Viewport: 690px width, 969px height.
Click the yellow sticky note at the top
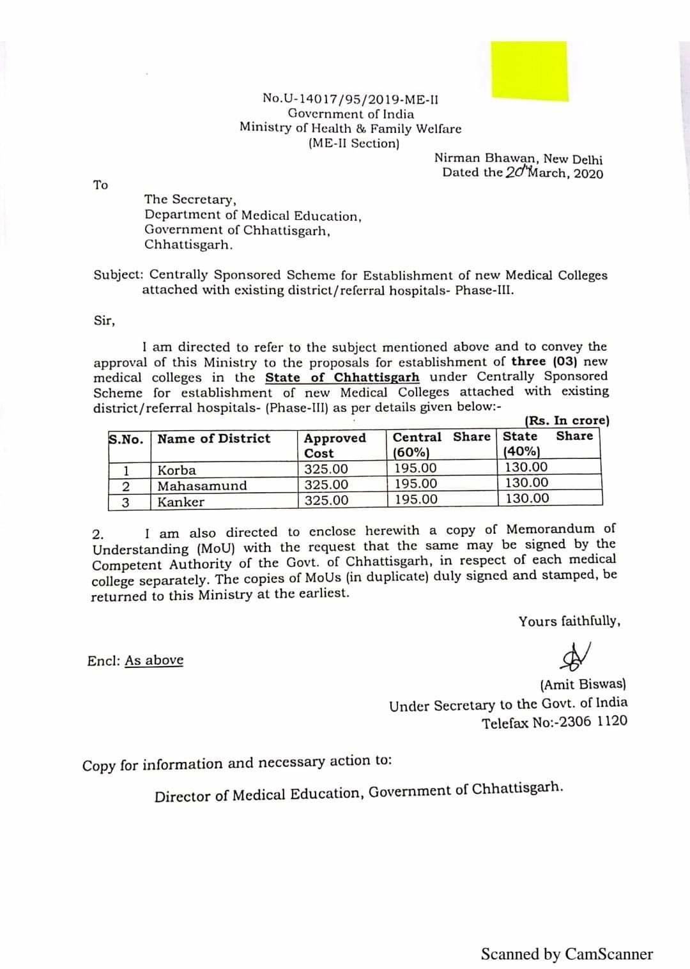tap(529, 70)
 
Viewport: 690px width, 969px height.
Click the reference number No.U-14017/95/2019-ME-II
tap(350, 99)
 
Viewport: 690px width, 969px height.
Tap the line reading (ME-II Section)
tap(353, 144)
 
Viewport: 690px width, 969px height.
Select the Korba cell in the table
tap(177, 470)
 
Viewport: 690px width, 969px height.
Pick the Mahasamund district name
tap(202, 486)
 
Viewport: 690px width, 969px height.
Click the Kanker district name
tap(181, 502)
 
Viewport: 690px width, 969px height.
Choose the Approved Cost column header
tap(335, 445)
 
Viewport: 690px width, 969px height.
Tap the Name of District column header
tap(214, 438)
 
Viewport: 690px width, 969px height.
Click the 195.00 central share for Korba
tap(415, 469)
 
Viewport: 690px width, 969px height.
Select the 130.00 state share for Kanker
tap(527, 498)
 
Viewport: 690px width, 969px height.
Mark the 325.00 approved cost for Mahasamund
tap(326, 485)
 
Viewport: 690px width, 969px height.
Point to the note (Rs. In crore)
tap(567, 421)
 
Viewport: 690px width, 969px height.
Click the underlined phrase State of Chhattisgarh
tap(342, 377)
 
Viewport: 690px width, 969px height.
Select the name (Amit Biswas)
tap(583, 685)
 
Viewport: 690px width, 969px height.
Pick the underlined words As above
tap(154, 660)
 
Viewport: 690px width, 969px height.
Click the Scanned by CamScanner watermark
tap(567, 954)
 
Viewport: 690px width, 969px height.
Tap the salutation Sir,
tap(104, 321)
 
